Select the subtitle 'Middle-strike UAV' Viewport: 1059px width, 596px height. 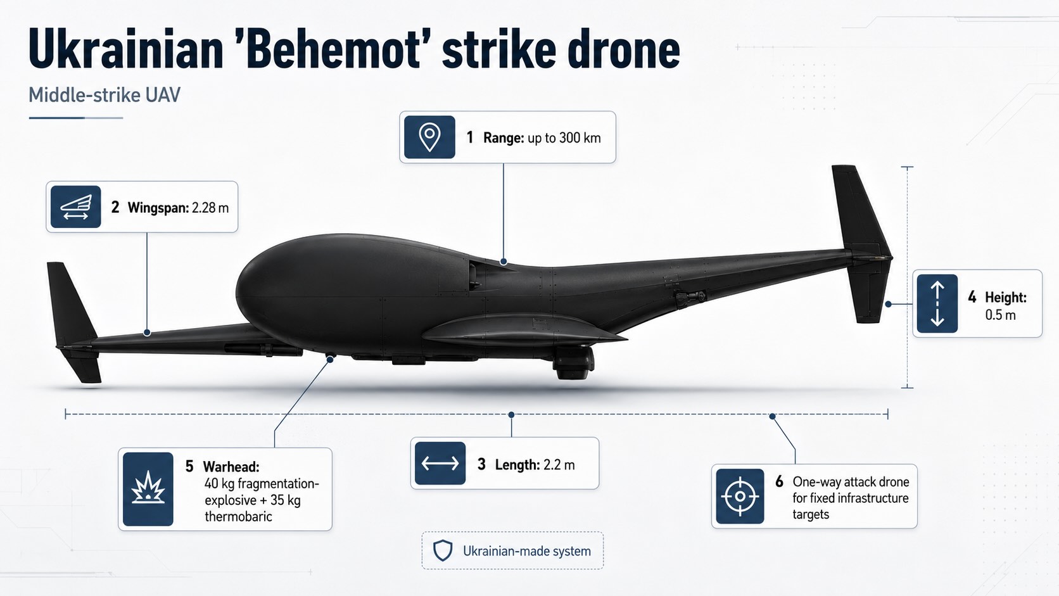tap(105, 95)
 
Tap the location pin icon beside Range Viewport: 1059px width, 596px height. tap(429, 137)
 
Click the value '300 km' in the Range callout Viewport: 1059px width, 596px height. tap(580, 138)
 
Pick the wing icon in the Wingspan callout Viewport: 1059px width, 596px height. tap(75, 207)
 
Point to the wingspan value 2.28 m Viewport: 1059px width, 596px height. tap(210, 208)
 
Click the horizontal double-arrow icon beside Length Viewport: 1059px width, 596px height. tap(440, 463)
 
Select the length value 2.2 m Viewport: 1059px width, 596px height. tap(559, 465)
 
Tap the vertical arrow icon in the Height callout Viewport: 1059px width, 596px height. tap(937, 303)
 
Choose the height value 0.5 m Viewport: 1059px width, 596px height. tap(1000, 315)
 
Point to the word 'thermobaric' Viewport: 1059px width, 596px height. tap(238, 516)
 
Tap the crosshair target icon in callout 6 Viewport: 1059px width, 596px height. tap(740, 497)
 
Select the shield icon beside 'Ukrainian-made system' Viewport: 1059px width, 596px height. tap(443, 550)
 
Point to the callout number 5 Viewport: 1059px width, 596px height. tap(189, 467)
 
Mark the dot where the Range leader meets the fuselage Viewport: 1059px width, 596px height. tap(504, 262)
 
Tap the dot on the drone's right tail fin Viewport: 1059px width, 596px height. tap(889, 305)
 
